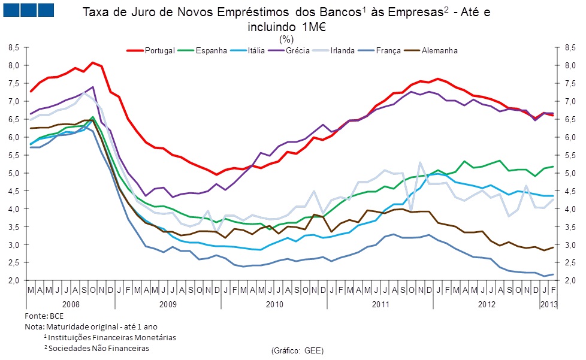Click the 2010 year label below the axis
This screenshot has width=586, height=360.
point(274,305)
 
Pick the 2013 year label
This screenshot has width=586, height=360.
point(548,305)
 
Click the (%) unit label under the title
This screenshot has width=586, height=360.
point(286,39)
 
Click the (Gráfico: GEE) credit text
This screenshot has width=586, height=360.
point(297,349)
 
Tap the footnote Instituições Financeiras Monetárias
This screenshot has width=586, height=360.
point(110,337)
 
